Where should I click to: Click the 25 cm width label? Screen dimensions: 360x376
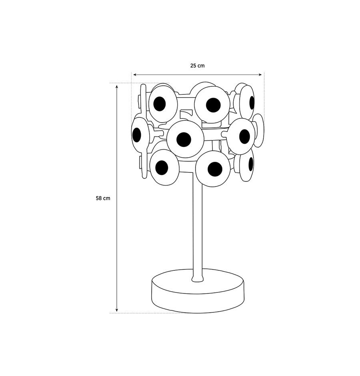pyautogui.click(x=197, y=66)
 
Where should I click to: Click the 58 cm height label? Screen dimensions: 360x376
pyautogui.click(x=103, y=198)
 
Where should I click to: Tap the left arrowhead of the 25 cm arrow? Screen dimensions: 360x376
pyautogui.click(x=135, y=75)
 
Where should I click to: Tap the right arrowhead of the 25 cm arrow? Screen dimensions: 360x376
pyautogui.click(x=260, y=75)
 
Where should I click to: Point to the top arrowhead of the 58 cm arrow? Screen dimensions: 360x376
pyautogui.click(x=117, y=86)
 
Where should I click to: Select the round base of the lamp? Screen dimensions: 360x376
pyautogui.click(x=198, y=291)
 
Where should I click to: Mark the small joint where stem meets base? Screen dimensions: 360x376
pyautogui.click(x=198, y=278)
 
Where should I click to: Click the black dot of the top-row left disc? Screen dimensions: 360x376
pyautogui.click(x=160, y=104)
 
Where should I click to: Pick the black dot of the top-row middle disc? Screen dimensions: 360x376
pyautogui.click(x=213, y=105)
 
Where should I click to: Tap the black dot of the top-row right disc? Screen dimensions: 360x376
pyautogui.click(x=252, y=102)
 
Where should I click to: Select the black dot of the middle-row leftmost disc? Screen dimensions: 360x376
pyautogui.click(x=137, y=135)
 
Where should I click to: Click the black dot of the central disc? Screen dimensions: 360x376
pyautogui.click(x=184, y=139)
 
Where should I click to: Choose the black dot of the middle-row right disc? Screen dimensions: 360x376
pyautogui.click(x=245, y=136)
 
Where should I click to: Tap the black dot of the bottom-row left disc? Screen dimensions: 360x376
pyautogui.click(x=162, y=168)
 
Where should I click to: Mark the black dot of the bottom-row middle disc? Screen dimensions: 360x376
pyautogui.click(x=215, y=169)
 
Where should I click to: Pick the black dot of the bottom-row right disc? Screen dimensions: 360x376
pyautogui.click(x=251, y=164)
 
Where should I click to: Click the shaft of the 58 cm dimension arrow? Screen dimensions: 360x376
pyautogui.click(x=117, y=198)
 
